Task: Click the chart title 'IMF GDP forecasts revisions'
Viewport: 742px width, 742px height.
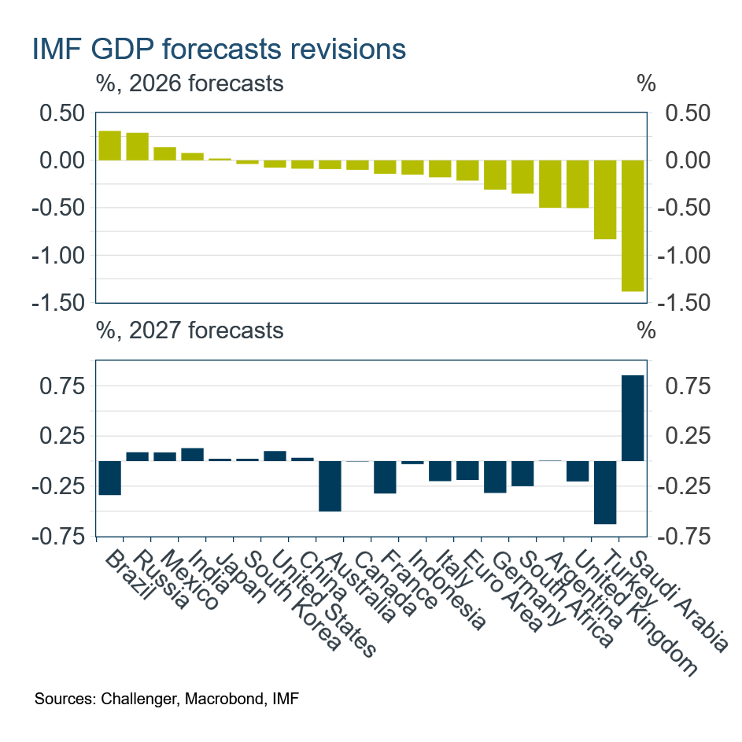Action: click(220, 50)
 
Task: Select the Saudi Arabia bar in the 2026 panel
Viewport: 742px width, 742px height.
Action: click(633, 226)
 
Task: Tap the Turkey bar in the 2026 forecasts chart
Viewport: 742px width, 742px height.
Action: click(605, 199)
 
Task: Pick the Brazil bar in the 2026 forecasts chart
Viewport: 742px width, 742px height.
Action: click(110, 146)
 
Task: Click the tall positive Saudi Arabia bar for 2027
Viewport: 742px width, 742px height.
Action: click(633, 418)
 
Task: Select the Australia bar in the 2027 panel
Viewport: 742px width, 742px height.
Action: click(330, 485)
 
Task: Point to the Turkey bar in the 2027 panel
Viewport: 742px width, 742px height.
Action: click(605, 492)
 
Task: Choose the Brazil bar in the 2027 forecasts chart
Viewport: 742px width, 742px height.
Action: click(110, 478)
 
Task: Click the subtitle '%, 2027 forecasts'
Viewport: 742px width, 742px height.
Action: click(190, 330)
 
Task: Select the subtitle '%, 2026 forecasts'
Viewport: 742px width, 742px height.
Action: click(190, 83)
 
